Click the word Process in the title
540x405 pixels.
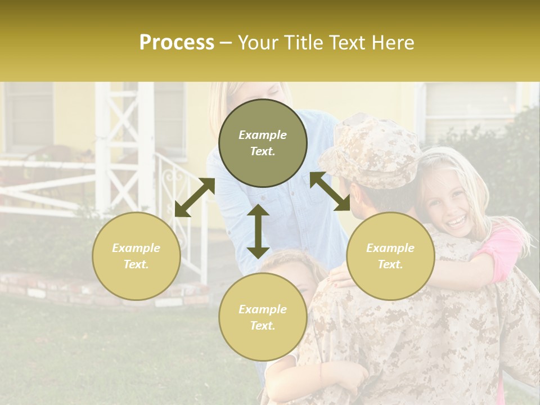tap(177, 43)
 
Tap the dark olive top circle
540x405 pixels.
tap(263, 143)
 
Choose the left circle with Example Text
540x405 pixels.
tap(136, 256)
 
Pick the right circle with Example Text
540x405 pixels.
tap(390, 256)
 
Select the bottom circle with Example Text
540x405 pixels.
tap(263, 317)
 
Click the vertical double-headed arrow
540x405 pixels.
tap(258, 231)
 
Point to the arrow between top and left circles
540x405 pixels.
tap(195, 197)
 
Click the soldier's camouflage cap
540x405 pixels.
tap(374, 149)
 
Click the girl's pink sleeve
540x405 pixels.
tap(503, 253)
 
